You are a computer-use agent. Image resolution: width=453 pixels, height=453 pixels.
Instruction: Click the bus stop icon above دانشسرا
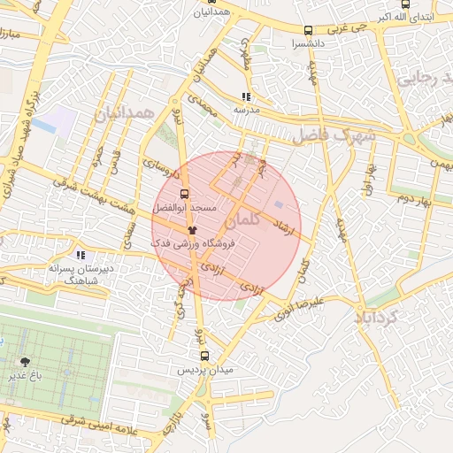click(308, 30)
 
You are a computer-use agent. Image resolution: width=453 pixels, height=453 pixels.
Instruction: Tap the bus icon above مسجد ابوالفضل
click(184, 193)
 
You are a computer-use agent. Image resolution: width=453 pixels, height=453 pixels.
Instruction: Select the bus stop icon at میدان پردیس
click(205, 356)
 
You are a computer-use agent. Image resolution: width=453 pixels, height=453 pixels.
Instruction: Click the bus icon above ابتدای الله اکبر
click(405, 4)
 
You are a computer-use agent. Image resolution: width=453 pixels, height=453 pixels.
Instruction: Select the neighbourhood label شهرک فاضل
click(334, 136)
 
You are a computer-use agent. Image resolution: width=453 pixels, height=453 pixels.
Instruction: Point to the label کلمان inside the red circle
click(243, 219)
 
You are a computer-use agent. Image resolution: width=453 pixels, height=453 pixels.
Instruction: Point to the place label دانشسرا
click(308, 43)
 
